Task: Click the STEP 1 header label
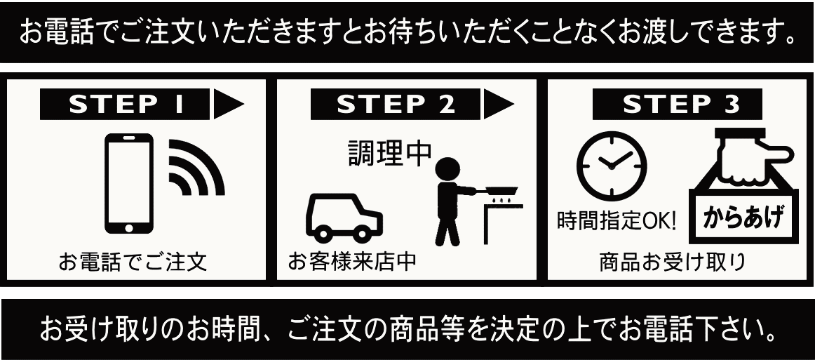point(125,105)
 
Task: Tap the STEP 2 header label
point(396,105)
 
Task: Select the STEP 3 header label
point(678,105)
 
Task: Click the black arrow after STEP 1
point(228,105)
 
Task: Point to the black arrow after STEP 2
point(499,105)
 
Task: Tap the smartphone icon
point(129,184)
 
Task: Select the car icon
point(344,218)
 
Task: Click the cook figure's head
point(447,170)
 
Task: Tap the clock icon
point(612,166)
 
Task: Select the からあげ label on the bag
point(743,218)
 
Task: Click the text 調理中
point(390,153)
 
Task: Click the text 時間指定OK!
point(617,221)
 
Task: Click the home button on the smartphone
point(129,227)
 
